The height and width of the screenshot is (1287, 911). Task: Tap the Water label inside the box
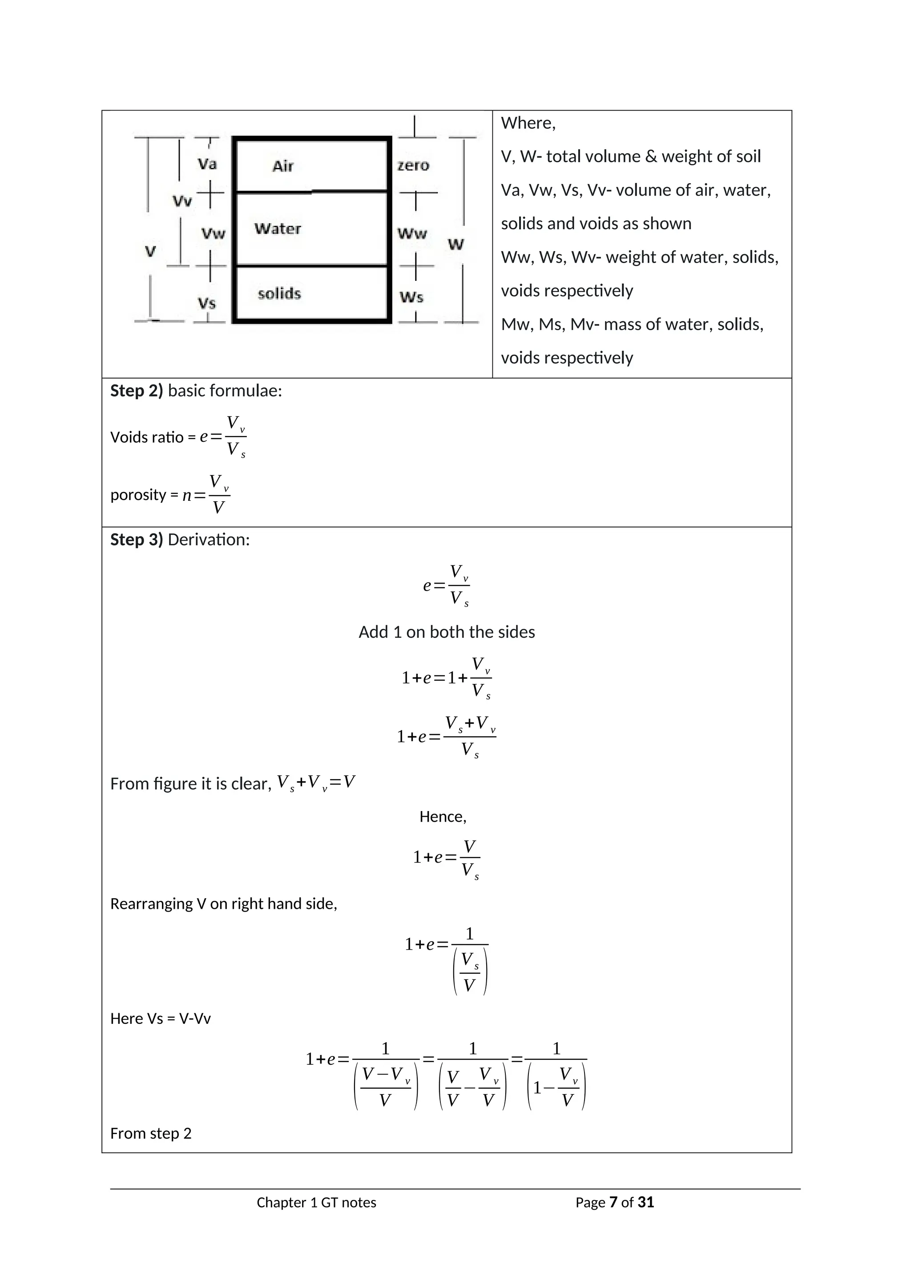point(277,229)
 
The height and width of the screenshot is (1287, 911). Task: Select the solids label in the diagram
point(279,294)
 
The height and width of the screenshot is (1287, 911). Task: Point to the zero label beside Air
point(413,165)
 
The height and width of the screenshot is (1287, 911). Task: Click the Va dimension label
point(207,164)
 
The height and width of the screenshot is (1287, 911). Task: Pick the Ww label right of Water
point(412,234)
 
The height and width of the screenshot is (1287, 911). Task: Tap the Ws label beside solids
point(411,298)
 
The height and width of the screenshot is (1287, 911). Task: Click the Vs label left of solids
point(206,304)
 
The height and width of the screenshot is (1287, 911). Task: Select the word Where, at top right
point(528,123)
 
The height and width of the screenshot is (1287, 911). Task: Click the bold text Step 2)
point(136,391)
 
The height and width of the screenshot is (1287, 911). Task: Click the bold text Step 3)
point(136,540)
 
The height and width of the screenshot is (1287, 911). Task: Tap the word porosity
point(138,495)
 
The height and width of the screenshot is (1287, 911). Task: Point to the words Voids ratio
point(146,437)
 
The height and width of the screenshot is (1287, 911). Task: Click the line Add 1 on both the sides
point(447,632)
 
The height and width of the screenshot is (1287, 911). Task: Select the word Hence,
point(443,817)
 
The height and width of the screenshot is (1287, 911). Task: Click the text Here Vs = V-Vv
point(161,1019)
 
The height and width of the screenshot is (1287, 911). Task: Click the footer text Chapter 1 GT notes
point(316,1203)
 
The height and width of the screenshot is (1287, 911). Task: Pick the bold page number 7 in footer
point(613,1203)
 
